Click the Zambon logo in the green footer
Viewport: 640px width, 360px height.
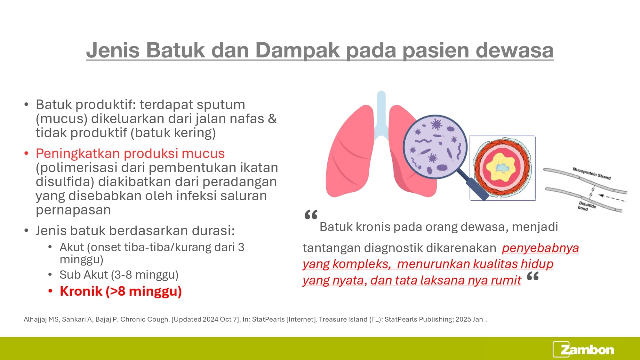[x=583, y=349]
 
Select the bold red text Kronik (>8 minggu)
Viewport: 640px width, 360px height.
[x=121, y=291]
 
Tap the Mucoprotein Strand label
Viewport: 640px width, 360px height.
[x=591, y=173]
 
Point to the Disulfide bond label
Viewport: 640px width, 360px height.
[x=587, y=206]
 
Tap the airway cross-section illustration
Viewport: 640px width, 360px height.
[x=502, y=168]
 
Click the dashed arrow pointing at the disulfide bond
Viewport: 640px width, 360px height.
[x=612, y=198]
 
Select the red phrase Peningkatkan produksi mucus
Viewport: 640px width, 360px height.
[x=130, y=154]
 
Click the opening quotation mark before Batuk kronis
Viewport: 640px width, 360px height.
[x=311, y=214]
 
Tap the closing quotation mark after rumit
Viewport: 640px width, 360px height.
[x=533, y=276]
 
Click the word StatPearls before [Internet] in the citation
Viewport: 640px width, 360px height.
[x=268, y=319]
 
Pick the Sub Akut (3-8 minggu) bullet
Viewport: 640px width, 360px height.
[x=119, y=275]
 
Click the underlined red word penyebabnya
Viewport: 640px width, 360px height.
[x=540, y=248]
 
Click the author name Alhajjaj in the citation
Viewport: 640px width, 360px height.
[x=35, y=319]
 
